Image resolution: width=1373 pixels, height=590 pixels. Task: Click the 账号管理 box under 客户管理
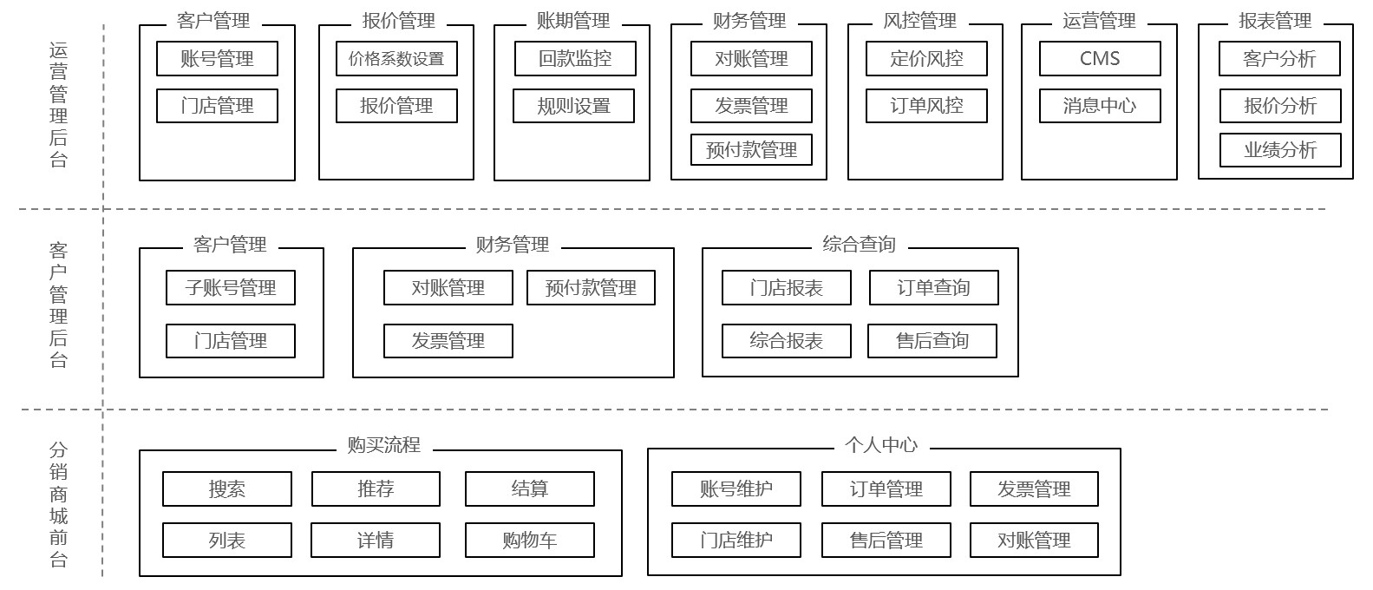217,59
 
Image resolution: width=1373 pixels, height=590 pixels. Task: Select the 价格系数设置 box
396,59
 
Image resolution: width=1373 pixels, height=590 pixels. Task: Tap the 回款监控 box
574,59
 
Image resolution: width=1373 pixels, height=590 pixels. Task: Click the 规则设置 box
573,106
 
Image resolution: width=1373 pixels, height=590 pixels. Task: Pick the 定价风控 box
926,59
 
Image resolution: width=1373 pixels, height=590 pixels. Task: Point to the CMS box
1100,59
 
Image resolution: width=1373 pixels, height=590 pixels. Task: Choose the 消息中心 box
1100,106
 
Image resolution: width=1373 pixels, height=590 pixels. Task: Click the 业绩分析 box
1280,150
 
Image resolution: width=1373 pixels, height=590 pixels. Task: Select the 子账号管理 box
230,288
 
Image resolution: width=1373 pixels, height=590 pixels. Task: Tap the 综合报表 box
786,341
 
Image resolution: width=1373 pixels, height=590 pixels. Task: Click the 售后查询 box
932,341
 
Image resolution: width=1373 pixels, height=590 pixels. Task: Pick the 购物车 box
529,541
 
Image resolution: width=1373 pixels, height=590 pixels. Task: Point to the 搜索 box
226,489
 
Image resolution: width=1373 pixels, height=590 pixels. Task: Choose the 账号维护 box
736,489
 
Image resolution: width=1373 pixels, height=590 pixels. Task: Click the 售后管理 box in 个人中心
886,541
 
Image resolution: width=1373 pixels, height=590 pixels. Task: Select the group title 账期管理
572,21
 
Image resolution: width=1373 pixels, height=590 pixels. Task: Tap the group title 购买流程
383,445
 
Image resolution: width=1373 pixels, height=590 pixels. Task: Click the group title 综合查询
859,244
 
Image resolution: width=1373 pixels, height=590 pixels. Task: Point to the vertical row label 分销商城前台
58,503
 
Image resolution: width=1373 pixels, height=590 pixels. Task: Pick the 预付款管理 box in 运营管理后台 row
751,150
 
